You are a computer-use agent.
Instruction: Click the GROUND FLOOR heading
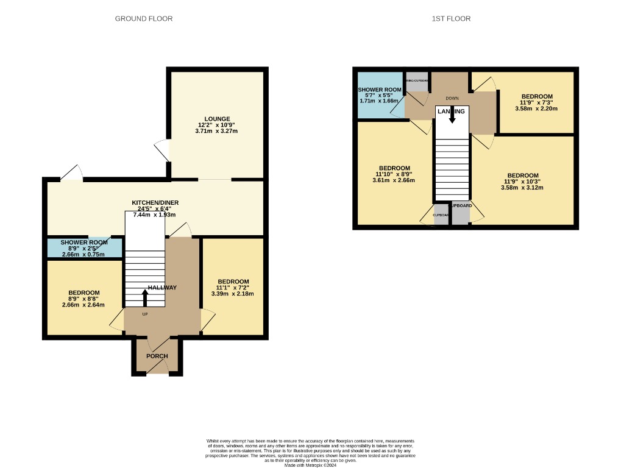tap(144, 19)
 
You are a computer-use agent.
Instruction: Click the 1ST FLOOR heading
tap(450, 19)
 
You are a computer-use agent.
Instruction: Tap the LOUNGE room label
tap(217, 119)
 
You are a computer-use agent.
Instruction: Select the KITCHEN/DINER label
tap(155, 202)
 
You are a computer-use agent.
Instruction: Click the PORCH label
tap(157, 356)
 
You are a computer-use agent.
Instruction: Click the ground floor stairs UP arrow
tap(145, 297)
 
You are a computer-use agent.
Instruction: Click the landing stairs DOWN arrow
tap(452, 116)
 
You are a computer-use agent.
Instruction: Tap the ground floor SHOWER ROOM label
tap(83, 243)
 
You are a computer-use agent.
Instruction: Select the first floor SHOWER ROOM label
tap(379, 90)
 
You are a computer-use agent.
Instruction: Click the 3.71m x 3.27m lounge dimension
tap(216, 131)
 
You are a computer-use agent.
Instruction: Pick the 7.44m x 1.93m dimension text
tap(155, 214)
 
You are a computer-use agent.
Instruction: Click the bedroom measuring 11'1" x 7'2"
tap(232, 282)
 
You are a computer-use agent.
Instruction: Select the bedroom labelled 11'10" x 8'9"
tap(394, 168)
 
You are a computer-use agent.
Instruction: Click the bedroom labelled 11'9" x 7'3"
tap(536, 96)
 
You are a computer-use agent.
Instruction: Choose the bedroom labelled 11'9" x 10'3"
tap(522, 175)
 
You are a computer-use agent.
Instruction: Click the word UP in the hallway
tap(145, 314)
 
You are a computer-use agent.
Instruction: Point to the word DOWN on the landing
tap(452, 98)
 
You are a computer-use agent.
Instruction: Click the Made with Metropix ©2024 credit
tap(311, 465)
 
